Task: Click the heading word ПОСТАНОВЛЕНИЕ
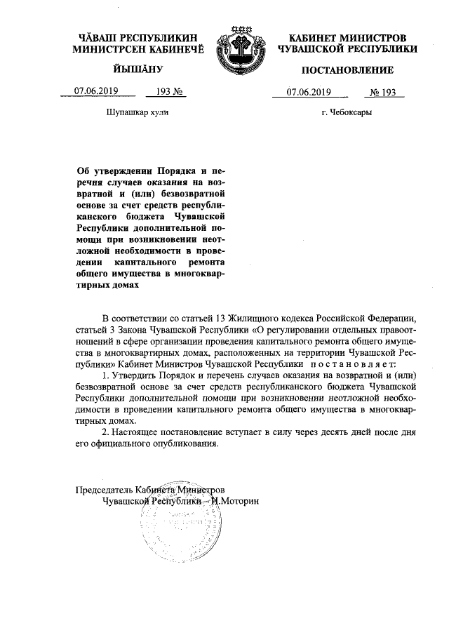coord(348,69)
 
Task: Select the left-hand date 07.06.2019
coord(95,91)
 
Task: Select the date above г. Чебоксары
coord(309,91)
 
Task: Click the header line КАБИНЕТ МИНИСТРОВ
coord(348,36)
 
